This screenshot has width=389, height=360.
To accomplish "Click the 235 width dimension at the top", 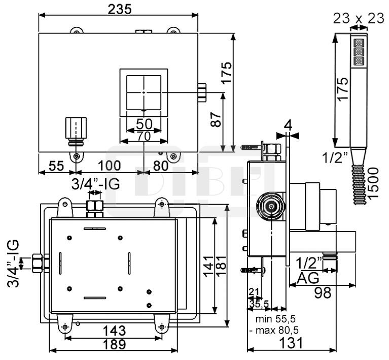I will coord(119,9).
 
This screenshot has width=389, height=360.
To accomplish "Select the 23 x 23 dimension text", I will coord(358,19).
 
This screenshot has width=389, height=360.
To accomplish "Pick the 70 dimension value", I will coord(144,136).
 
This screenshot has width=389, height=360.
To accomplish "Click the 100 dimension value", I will coord(109,166).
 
